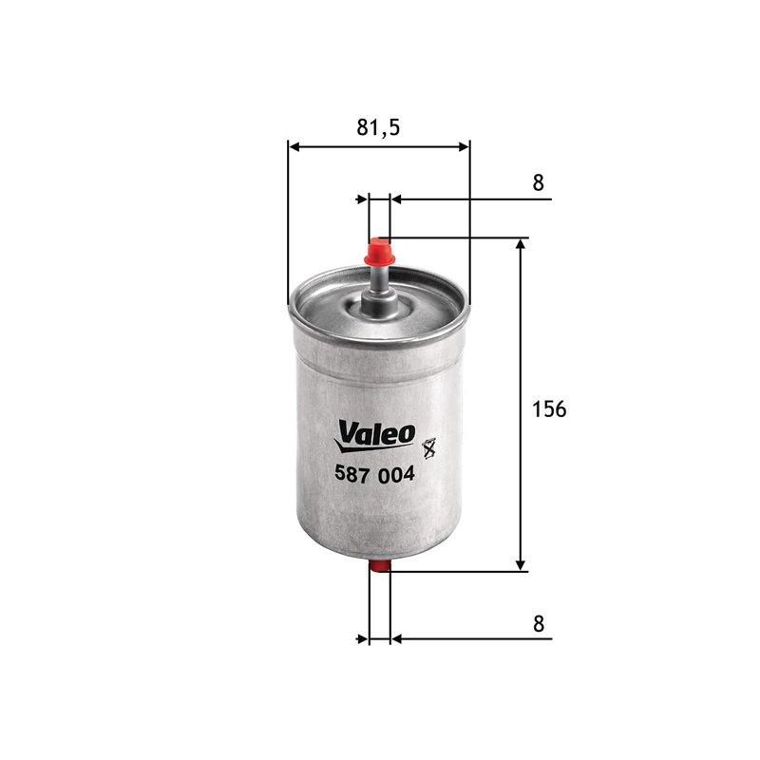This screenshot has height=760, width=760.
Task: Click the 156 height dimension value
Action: pyautogui.click(x=549, y=409)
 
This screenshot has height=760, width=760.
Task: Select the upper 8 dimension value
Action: pyautogui.click(x=539, y=183)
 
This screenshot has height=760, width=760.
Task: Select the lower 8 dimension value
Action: pyautogui.click(x=539, y=623)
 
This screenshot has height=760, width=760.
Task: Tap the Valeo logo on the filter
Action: pyautogui.click(x=376, y=433)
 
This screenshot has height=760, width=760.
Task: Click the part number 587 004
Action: pyautogui.click(x=376, y=476)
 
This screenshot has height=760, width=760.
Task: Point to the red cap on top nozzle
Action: pyautogui.click(x=379, y=253)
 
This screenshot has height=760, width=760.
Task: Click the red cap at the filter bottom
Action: pyautogui.click(x=379, y=568)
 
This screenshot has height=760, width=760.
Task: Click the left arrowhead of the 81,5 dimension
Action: pyautogui.click(x=294, y=146)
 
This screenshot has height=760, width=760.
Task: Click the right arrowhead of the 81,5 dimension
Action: pyautogui.click(x=464, y=146)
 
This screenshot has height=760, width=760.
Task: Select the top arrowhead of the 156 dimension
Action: pyautogui.click(x=521, y=244)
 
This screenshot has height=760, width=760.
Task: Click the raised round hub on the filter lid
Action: pyautogui.click(x=379, y=306)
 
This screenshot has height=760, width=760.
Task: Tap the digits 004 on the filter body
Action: pyautogui.click(x=398, y=476)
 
